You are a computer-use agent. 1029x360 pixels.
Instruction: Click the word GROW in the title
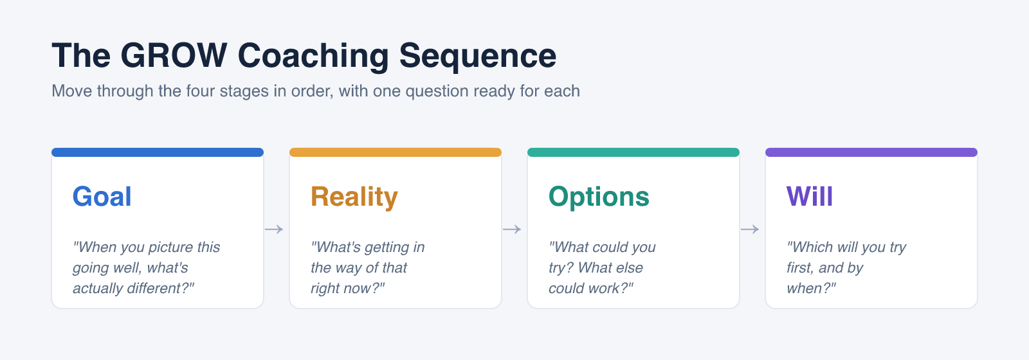[x=174, y=55]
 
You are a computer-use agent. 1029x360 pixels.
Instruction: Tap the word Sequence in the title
[x=478, y=57]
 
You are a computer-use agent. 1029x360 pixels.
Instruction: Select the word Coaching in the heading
[x=313, y=57]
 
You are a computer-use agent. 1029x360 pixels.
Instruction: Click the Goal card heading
[x=102, y=197]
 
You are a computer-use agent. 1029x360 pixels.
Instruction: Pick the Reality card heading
[x=354, y=197]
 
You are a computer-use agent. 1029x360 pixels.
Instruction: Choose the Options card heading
[x=599, y=197]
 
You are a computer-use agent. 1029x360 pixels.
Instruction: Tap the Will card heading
[x=810, y=197]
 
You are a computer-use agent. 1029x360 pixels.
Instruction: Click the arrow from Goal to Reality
[x=274, y=229]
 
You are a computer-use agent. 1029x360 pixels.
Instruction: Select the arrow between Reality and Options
[x=512, y=229]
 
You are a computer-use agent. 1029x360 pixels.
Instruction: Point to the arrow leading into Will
[x=750, y=229]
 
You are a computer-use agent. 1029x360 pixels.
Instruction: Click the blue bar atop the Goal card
[x=158, y=152]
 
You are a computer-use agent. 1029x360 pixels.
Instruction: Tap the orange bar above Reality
[x=396, y=152]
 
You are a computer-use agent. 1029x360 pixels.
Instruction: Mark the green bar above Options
[x=633, y=152]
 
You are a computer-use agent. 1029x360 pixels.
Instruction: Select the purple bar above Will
[x=871, y=152]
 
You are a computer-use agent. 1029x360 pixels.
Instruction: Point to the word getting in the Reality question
[x=387, y=248]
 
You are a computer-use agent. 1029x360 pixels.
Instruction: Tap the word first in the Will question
[x=800, y=267]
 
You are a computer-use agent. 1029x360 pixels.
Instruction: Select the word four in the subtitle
[x=200, y=91]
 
